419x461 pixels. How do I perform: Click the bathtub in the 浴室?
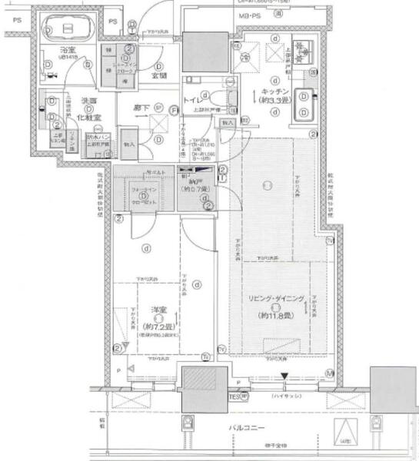coord(67,30)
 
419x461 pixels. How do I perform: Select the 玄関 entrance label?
coord(160,75)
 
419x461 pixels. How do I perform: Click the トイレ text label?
coord(193,98)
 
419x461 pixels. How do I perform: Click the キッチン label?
coord(281,90)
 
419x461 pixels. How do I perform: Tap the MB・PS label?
coord(247,15)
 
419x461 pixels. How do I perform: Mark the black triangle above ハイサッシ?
coord(285,376)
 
